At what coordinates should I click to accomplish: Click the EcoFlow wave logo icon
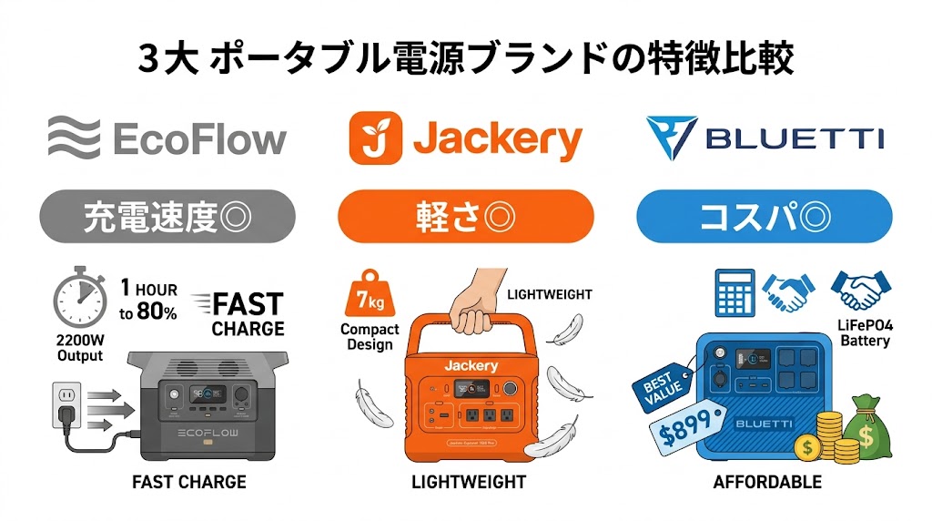click(x=74, y=139)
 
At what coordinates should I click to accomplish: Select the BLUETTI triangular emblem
click(x=671, y=138)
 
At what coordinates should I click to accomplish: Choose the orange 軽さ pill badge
click(x=465, y=216)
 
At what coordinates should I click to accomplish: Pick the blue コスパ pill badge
click(x=763, y=216)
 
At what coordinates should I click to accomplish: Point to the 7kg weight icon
click(x=369, y=294)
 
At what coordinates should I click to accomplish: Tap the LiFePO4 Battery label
click(x=864, y=332)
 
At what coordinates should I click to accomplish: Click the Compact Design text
click(x=370, y=336)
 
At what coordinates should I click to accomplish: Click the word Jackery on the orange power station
click(x=471, y=365)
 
